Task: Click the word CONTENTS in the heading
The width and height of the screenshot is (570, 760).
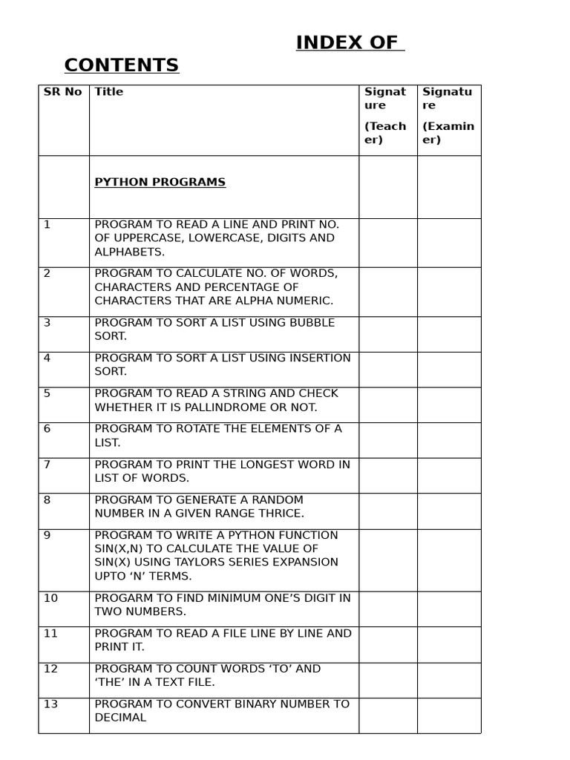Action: [x=122, y=66]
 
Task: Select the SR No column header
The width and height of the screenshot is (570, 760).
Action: [x=63, y=92]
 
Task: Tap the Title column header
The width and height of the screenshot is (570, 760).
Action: [x=109, y=92]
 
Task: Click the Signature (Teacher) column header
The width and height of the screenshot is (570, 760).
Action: [x=386, y=115]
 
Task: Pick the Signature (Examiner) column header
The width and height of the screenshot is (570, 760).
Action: [x=448, y=115]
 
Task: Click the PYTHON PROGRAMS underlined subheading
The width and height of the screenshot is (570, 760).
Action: [x=160, y=183]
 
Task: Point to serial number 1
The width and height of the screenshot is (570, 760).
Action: [x=47, y=224]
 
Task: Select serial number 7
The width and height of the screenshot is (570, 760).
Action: [x=47, y=465]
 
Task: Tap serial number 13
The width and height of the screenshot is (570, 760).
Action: [x=50, y=704]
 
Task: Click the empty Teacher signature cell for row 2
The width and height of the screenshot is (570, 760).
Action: [x=387, y=292]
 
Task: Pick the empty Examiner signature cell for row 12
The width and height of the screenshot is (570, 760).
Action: [x=448, y=680]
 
